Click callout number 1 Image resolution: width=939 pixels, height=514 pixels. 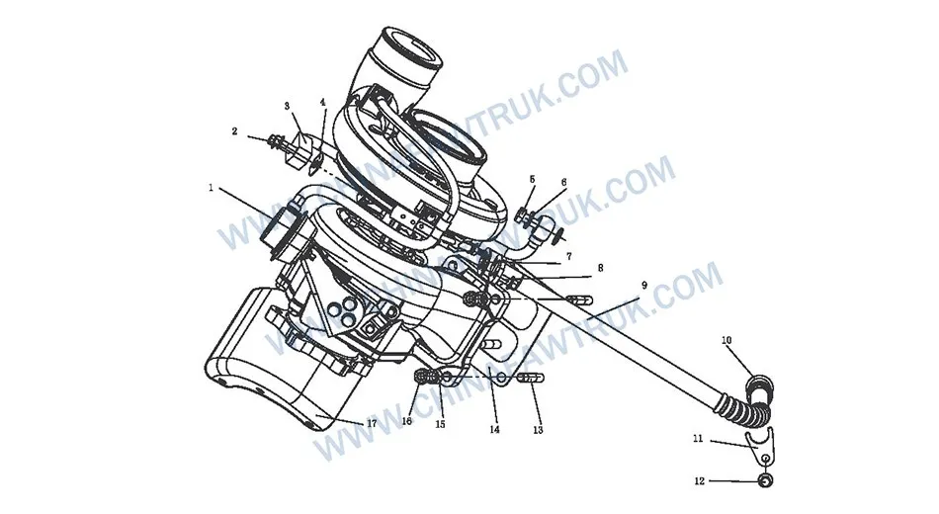coord(211,186)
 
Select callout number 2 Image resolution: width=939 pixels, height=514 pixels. coord(235,130)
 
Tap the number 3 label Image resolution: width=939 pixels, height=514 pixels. coord(287,105)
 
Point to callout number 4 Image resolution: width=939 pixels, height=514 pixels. coord(322,102)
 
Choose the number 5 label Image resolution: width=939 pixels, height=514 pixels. coord(532,179)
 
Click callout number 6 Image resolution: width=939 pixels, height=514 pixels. coord(563,182)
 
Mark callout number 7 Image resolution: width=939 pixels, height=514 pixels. coord(569,256)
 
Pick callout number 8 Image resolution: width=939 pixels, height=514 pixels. coord(600,267)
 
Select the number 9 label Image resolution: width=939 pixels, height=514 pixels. coord(643,285)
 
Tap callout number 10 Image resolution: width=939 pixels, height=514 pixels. coord(726,341)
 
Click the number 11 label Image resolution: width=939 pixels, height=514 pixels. coord(698,438)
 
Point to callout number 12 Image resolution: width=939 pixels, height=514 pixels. coord(699,481)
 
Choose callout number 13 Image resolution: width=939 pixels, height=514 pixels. coord(538,430)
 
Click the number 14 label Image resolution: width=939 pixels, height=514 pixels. coord(494,430)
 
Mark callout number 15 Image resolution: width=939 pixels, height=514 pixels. coord(440,425)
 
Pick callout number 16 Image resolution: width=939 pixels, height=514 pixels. coord(406,421)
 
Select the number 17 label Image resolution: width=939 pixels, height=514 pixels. coord(372,423)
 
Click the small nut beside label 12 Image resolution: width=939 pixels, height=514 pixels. coord(764,481)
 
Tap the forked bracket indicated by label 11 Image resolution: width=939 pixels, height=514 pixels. coord(761,447)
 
